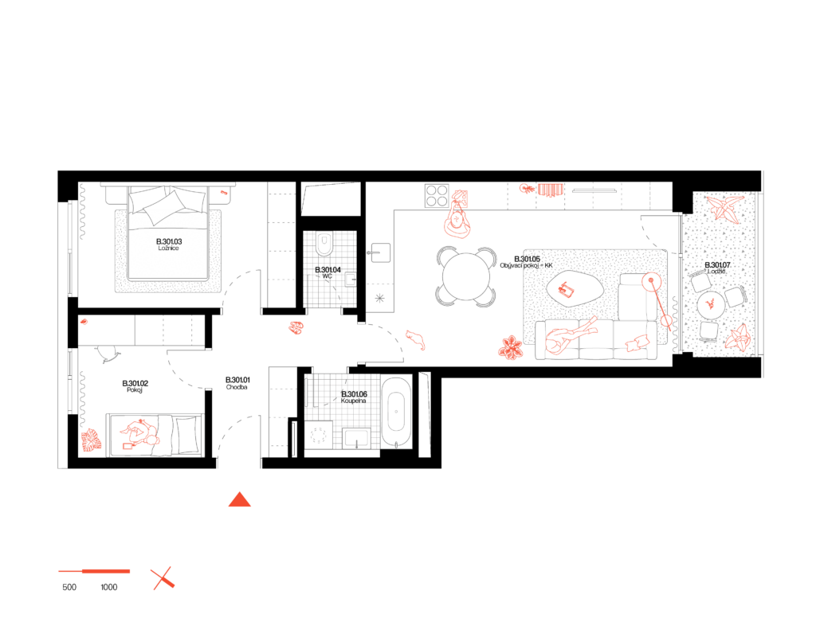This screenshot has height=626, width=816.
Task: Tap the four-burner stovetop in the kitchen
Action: coord(437,195)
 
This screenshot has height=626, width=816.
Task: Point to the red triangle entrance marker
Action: coord(239,500)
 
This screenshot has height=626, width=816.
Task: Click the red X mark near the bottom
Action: coord(163,578)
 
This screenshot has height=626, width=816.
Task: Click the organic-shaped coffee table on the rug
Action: coord(573,290)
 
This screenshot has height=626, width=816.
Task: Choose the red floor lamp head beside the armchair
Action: coord(651,281)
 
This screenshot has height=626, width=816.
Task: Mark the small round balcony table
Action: coord(711,304)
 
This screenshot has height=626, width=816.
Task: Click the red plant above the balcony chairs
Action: coord(725,208)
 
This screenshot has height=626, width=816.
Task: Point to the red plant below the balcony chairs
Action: coord(738,338)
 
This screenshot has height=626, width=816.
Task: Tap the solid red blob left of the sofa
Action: coord(510,348)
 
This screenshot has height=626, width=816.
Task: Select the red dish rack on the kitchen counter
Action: coord(551,190)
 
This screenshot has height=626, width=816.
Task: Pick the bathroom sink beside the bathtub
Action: coord(356,437)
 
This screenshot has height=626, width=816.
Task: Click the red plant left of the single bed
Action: coord(91,440)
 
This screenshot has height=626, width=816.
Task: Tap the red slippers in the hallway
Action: coord(296,327)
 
